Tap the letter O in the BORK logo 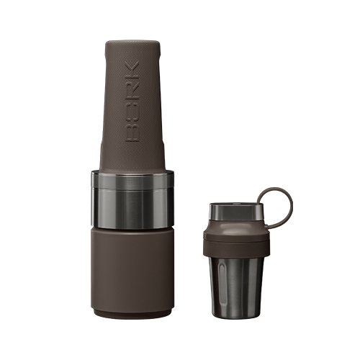coord(132,112)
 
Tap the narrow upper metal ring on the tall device coord(132,179)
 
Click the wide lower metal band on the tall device coord(132,208)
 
